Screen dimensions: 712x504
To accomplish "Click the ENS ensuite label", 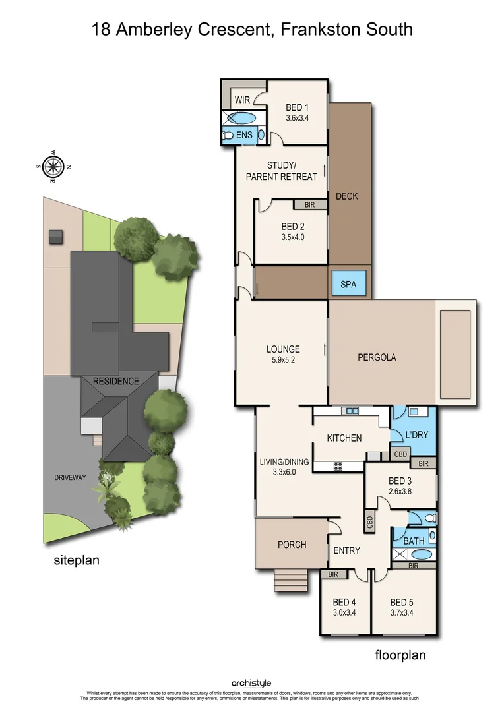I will tap(245, 135).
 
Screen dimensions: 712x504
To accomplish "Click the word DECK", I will tap(347, 196).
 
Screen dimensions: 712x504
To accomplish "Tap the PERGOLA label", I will tap(377, 357).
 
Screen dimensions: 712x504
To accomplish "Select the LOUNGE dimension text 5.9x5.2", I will tap(283, 361).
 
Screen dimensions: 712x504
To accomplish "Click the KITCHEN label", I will tap(344, 438).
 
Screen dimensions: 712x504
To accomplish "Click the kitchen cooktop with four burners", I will tap(338, 467).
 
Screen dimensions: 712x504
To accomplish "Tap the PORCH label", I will tap(292, 544).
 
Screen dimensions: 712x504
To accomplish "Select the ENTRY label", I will tap(347, 550).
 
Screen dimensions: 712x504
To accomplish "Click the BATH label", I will tap(414, 541).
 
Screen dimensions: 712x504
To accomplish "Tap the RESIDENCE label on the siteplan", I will tap(115, 381).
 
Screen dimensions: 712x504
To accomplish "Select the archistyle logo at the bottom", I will tap(251, 683).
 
